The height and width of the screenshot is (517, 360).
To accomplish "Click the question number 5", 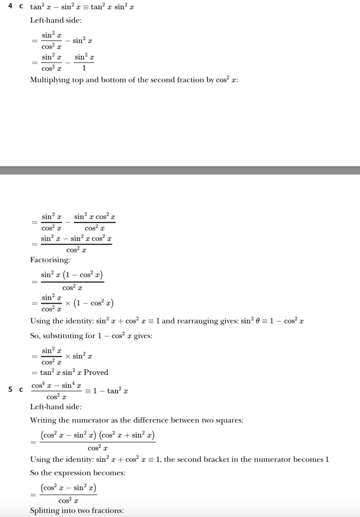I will pyautogui.click(x=11, y=390).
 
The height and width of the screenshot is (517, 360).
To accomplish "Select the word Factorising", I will pyautogui.click(x=50, y=260).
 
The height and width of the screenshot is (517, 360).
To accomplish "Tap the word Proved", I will pyautogui.click(x=96, y=372).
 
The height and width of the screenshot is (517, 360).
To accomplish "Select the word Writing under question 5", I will pyautogui.click(x=43, y=420).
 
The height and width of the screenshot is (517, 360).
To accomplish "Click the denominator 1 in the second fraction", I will pyautogui.click(x=84, y=67).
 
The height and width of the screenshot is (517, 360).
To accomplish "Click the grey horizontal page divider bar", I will pyautogui.click(x=180, y=170).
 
